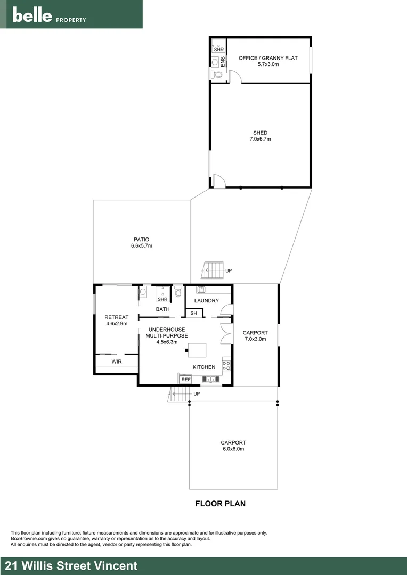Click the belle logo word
[x=32, y=15]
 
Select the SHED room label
[x=260, y=133]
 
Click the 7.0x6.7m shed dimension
[x=260, y=139]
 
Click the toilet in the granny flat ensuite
[x=216, y=75]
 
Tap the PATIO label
[x=141, y=239]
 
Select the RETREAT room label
[x=116, y=317]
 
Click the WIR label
[x=116, y=362]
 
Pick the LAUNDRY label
[x=206, y=301]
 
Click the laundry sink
[x=201, y=290]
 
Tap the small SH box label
[x=194, y=313]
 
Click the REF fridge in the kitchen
[x=185, y=380]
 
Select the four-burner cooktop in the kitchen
[x=226, y=366]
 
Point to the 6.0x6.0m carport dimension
[x=233, y=449]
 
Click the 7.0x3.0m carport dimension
[x=255, y=339]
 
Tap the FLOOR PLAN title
[x=221, y=503]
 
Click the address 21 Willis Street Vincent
[x=71, y=566]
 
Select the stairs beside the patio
[x=214, y=270]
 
